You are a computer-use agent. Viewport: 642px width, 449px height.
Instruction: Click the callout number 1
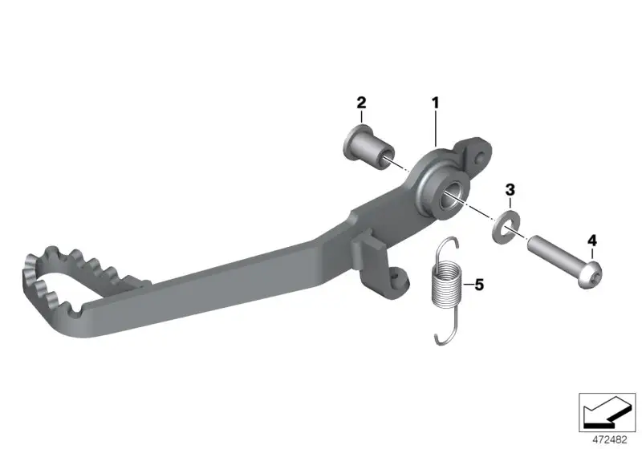click(435, 103)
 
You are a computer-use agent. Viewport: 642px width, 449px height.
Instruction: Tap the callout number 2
click(361, 103)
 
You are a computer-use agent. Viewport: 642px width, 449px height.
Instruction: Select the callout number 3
click(510, 190)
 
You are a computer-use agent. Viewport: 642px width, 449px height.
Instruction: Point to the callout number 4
click(592, 241)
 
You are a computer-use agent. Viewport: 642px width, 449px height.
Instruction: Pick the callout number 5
click(479, 285)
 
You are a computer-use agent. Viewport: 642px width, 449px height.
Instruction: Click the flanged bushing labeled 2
click(368, 150)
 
